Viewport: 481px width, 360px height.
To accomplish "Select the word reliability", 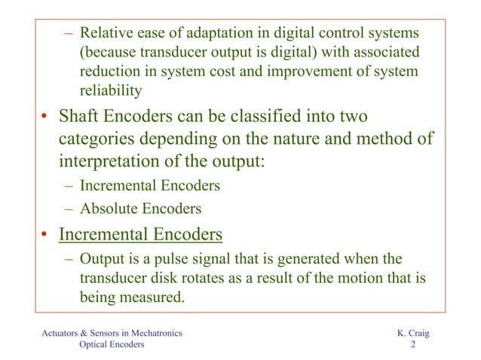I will pyautogui.click(x=111, y=90).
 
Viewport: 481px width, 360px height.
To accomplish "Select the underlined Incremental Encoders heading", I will pyautogui.click(x=140, y=234).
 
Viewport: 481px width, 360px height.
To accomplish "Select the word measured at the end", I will pyautogui.click(x=156, y=297).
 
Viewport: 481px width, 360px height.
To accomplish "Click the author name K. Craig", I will pyautogui.click(x=412, y=332).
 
